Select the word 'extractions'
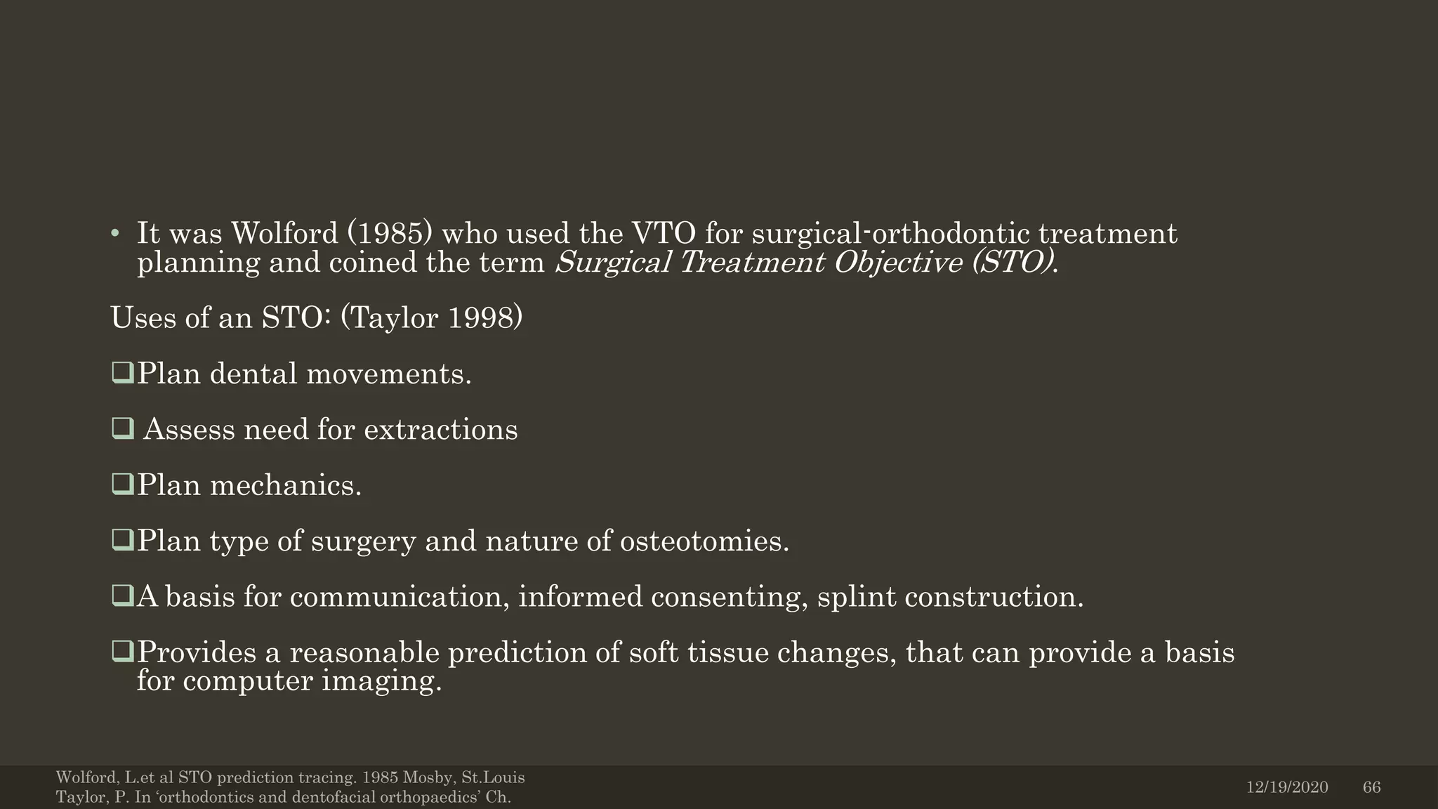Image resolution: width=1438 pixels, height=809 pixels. point(440,430)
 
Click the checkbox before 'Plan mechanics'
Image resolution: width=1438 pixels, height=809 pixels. point(122,484)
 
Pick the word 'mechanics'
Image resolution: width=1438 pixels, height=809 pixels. point(285,485)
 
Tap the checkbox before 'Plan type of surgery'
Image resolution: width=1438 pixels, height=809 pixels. point(122,540)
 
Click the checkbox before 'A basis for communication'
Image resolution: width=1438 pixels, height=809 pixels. point(122,596)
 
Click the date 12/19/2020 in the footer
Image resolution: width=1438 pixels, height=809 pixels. point(1287,787)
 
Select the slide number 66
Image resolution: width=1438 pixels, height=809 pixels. point(1371,787)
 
